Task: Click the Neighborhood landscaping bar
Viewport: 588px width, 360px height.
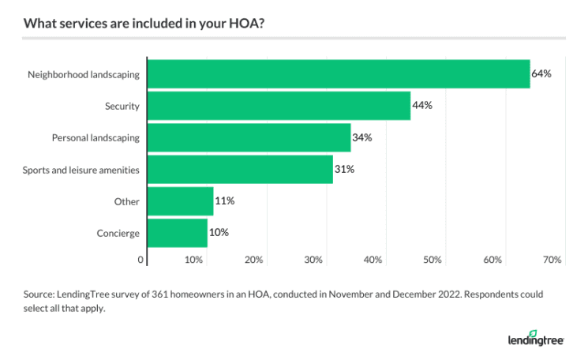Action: (339, 74)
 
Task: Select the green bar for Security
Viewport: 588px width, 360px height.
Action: (279, 106)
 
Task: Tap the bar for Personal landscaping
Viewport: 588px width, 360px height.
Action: (249, 137)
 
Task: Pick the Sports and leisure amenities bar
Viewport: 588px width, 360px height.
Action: (240, 169)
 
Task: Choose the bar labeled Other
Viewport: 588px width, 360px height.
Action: (180, 201)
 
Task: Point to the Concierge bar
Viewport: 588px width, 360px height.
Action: (177, 233)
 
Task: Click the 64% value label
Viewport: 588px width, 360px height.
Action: (541, 73)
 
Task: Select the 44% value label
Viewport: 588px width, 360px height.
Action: (421, 106)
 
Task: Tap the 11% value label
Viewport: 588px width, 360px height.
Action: (225, 201)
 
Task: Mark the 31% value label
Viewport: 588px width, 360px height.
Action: (344, 169)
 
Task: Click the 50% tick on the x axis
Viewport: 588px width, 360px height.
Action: (433, 260)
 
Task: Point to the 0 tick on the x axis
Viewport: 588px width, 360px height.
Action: (142, 260)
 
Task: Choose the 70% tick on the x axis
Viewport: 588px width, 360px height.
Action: (552, 260)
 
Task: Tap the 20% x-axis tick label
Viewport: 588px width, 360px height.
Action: (253, 260)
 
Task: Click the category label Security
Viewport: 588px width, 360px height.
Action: (122, 106)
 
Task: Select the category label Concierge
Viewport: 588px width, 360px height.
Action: (118, 233)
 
